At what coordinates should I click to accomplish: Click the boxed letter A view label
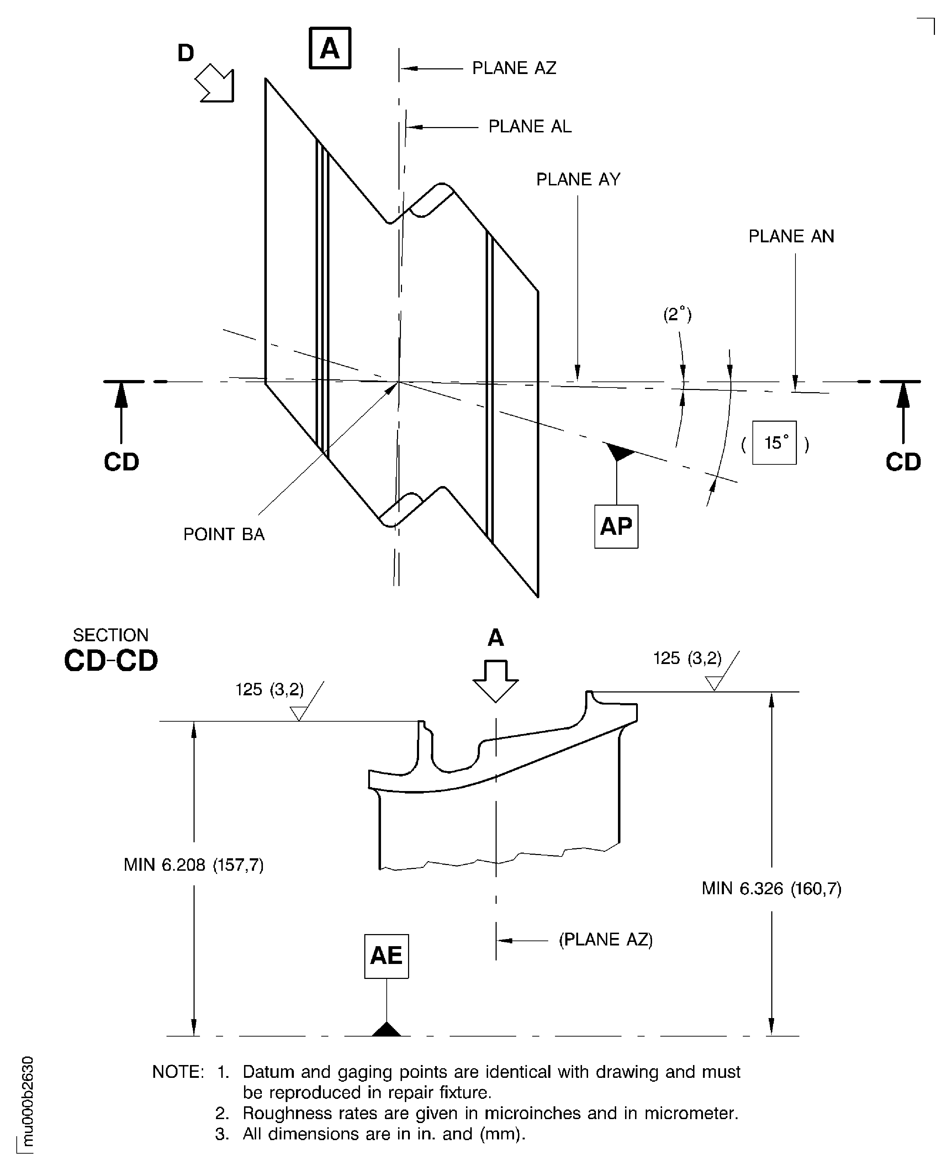(329, 48)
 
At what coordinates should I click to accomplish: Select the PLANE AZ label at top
(514, 68)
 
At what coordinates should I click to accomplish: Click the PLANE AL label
(529, 126)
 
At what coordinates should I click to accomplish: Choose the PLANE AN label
(791, 236)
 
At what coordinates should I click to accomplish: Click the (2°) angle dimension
(677, 314)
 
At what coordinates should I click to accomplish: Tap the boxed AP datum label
(616, 526)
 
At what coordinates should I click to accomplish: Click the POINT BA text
(224, 534)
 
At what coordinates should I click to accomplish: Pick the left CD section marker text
(121, 462)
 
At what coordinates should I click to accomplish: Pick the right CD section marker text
(903, 462)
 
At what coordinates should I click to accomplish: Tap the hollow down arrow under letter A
(495, 681)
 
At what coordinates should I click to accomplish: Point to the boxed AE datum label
(386, 955)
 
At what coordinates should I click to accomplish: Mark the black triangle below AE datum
(387, 1029)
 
